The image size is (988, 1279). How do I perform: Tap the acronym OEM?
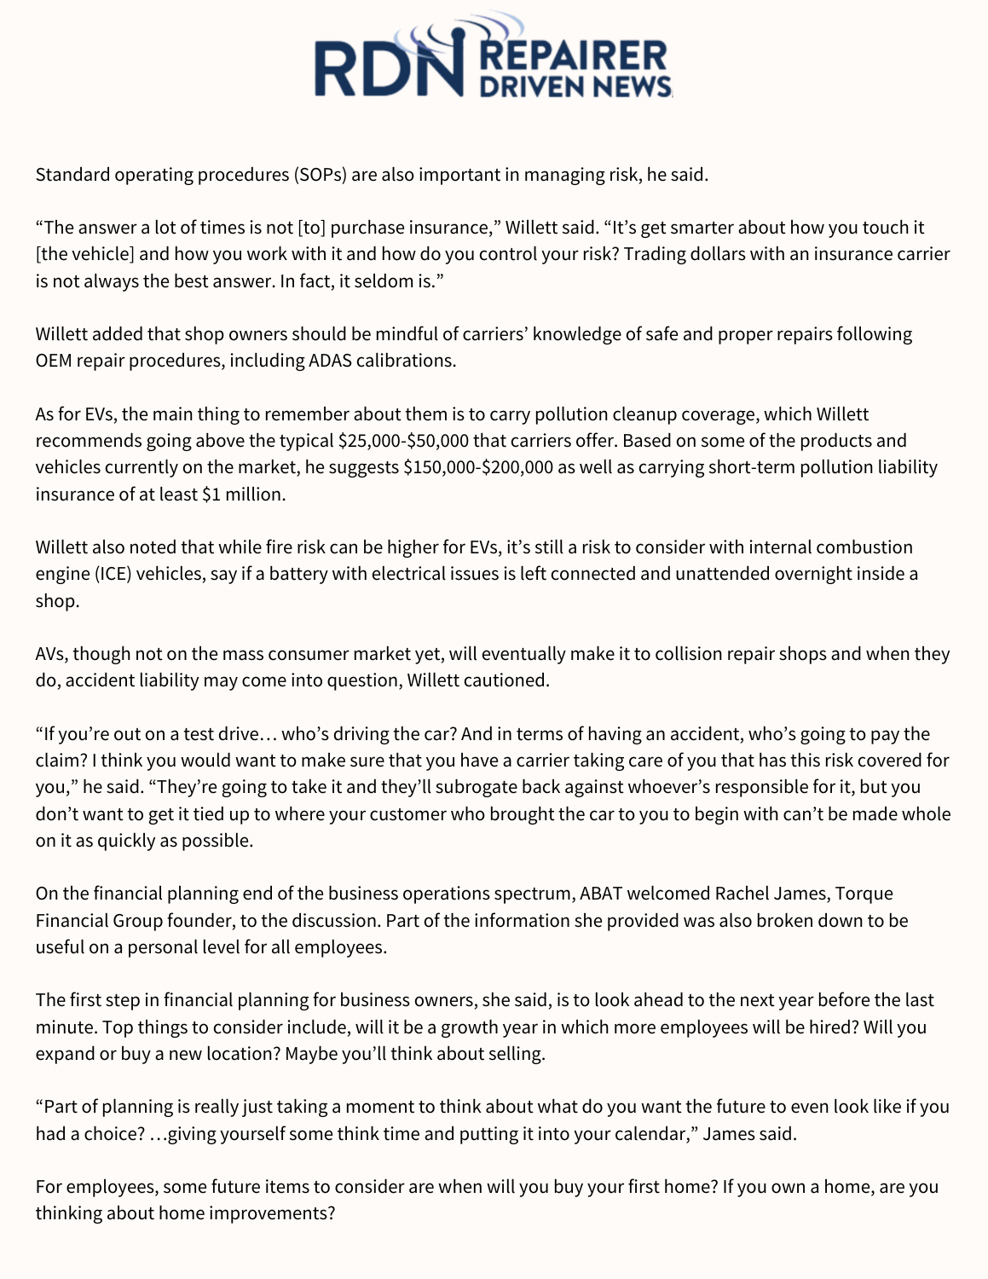(54, 361)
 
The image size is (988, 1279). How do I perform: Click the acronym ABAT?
(603, 894)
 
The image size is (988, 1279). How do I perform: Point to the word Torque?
(864, 894)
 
